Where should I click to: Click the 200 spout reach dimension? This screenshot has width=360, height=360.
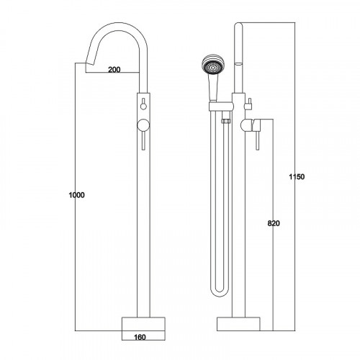pyautogui.click(x=114, y=70)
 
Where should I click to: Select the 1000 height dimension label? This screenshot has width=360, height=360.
pyautogui.click(x=77, y=195)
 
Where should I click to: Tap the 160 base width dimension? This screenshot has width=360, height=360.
pyautogui.click(x=140, y=337)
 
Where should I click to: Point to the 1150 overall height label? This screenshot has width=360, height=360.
pyautogui.click(x=297, y=177)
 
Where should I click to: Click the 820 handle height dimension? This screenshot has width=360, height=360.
pyautogui.click(x=274, y=223)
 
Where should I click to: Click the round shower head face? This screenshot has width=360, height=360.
pyautogui.click(x=212, y=66)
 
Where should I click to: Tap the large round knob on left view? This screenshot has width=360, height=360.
pyautogui.click(x=143, y=125)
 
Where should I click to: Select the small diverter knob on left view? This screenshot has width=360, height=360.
pyautogui.click(x=143, y=106)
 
